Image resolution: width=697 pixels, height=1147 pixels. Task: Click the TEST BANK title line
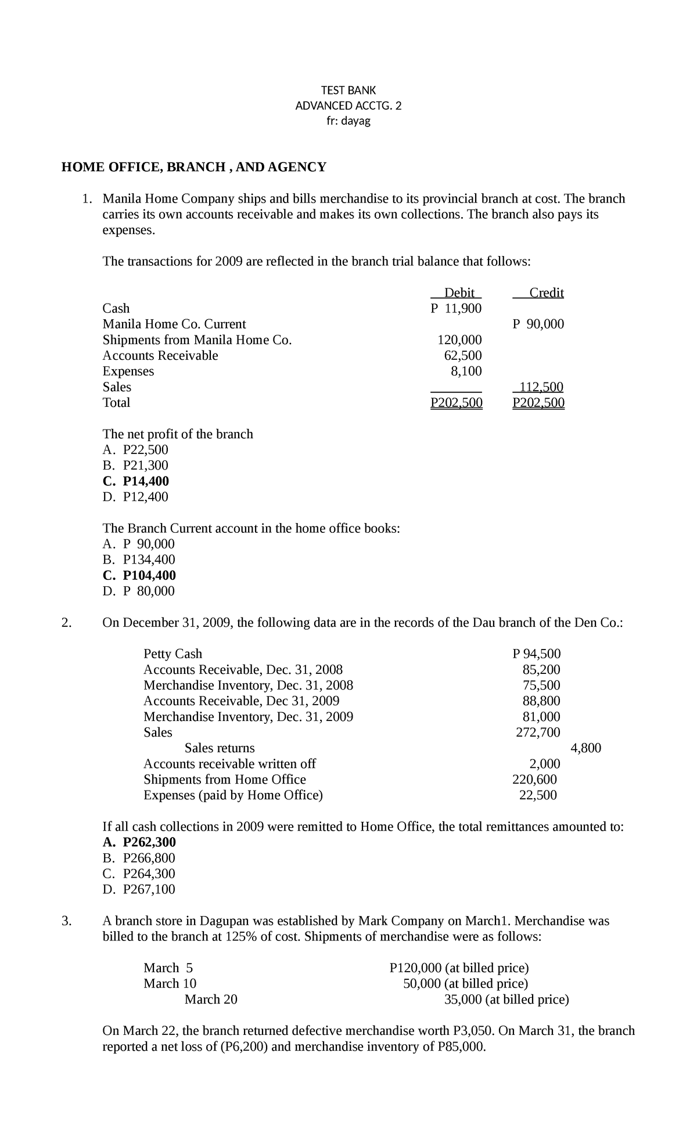coord(348,90)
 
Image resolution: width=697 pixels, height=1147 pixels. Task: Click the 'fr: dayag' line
coord(348,121)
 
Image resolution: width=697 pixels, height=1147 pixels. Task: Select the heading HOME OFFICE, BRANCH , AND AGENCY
coord(194,167)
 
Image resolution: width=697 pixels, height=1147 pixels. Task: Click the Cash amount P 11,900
coord(456,308)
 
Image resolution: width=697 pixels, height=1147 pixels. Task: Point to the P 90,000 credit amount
coord(538,324)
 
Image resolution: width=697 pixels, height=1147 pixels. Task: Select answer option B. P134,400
coord(139,560)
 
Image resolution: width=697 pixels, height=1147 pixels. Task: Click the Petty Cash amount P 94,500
coord(537,654)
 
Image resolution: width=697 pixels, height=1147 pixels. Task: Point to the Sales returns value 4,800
coord(586,748)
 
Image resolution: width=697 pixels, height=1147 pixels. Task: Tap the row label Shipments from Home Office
coord(225,779)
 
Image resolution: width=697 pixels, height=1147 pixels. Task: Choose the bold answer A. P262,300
coord(139,842)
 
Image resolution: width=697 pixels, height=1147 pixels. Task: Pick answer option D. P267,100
coord(139,889)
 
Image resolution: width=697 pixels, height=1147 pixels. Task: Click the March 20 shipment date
coord(211,999)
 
